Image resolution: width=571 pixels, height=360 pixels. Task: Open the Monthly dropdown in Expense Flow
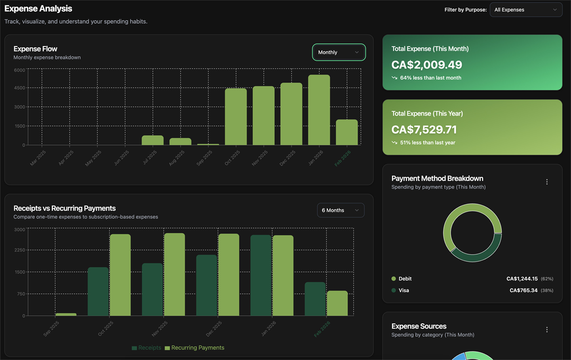[x=339, y=52]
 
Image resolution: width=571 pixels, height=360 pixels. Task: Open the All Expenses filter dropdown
[x=526, y=10]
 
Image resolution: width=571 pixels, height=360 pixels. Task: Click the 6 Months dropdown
[x=340, y=210]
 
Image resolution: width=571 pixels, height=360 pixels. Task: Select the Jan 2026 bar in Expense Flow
[x=319, y=110]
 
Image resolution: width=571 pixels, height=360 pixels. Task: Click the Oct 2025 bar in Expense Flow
[x=236, y=117]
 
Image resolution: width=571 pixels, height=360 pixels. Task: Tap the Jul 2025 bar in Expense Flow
[x=152, y=140]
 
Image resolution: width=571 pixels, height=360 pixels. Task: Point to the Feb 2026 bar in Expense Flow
[x=346, y=132]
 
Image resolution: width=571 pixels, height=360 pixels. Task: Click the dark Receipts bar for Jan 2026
[x=261, y=275]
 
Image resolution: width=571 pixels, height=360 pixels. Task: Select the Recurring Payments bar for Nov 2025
[x=175, y=274]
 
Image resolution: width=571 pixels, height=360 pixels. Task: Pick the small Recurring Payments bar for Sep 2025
[x=66, y=314]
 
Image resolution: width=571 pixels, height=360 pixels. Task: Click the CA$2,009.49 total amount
[x=426, y=65]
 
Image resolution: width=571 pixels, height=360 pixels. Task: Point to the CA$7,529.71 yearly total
[x=424, y=129]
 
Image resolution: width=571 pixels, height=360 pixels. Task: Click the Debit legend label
[x=405, y=279]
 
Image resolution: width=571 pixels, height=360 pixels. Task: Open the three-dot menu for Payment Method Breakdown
[x=547, y=182]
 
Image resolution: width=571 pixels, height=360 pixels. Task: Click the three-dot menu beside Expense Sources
[x=547, y=330]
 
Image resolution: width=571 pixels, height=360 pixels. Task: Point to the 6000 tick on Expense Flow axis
[x=19, y=70]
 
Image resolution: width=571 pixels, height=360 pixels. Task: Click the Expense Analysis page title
[x=39, y=9]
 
